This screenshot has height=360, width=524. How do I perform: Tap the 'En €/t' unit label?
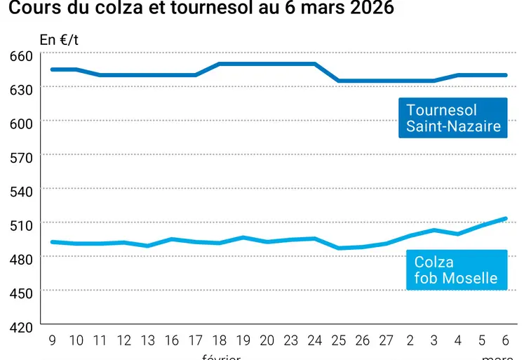click(x=59, y=39)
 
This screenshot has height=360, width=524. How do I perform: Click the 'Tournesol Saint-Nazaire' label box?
click(x=453, y=118)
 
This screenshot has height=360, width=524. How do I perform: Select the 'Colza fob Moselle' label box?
click(x=455, y=270)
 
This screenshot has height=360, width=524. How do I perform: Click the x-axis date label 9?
click(x=53, y=341)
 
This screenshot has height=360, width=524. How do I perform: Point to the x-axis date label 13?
click(x=148, y=341)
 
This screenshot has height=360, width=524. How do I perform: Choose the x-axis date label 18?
click(x=220, y=341)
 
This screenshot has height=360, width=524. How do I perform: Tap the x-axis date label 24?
click(x=315, y=341)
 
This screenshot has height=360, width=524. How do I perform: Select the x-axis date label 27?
click(x=387, y=341)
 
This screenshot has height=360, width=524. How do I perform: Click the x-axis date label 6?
click(x=506, y=341)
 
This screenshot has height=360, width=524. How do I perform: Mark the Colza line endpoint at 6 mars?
click(x=506, y=218)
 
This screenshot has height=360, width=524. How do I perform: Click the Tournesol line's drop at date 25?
click(x=339, y=81)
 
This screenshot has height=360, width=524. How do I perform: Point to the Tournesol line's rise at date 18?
click(x=220, y=64)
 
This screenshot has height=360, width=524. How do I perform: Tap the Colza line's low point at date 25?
click(x=339, y=248)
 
